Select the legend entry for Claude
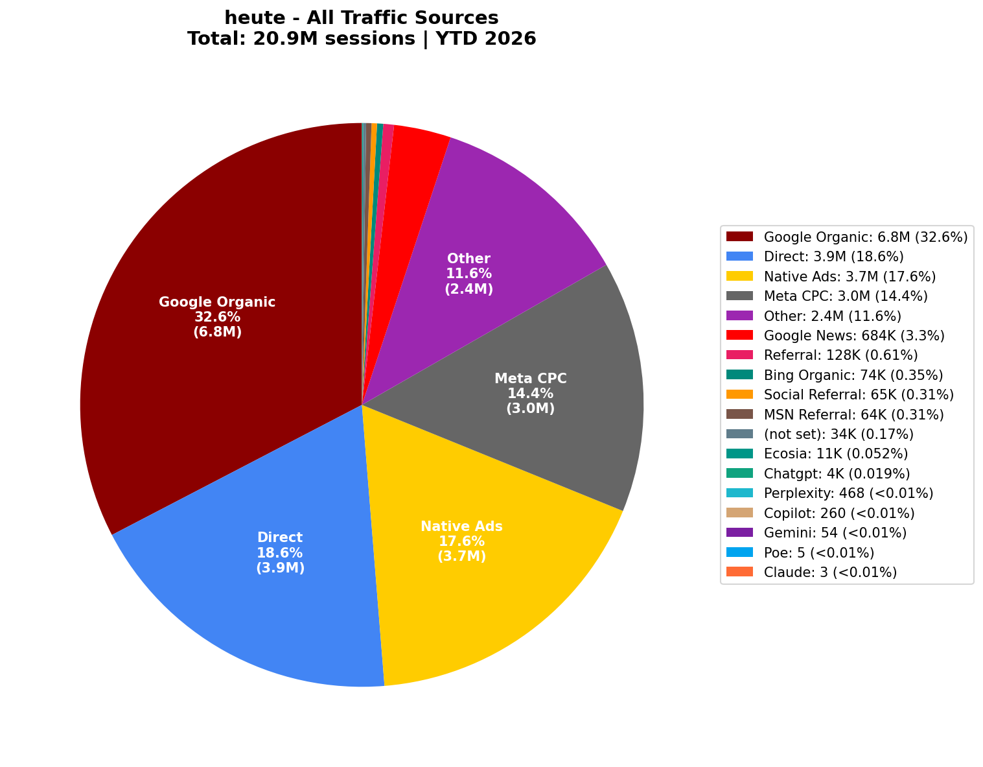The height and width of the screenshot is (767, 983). (830, 572)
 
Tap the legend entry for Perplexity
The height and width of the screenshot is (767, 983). (848, 493)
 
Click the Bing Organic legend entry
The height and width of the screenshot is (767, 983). (853, 375)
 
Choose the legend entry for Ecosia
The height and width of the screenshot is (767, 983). (835, 454)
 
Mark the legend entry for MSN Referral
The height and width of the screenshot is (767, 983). (853, 414)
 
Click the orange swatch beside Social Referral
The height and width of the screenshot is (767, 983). (739, 394)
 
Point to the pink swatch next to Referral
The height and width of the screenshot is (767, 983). (739, 355)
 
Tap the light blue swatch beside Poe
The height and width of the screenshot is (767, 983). (739, 552)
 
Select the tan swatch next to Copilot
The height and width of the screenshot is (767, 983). (739, 513)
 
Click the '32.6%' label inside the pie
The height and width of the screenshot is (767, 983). (217, 317)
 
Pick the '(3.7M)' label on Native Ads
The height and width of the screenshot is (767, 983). (461, 556)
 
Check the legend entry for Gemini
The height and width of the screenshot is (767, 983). (835, 533)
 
